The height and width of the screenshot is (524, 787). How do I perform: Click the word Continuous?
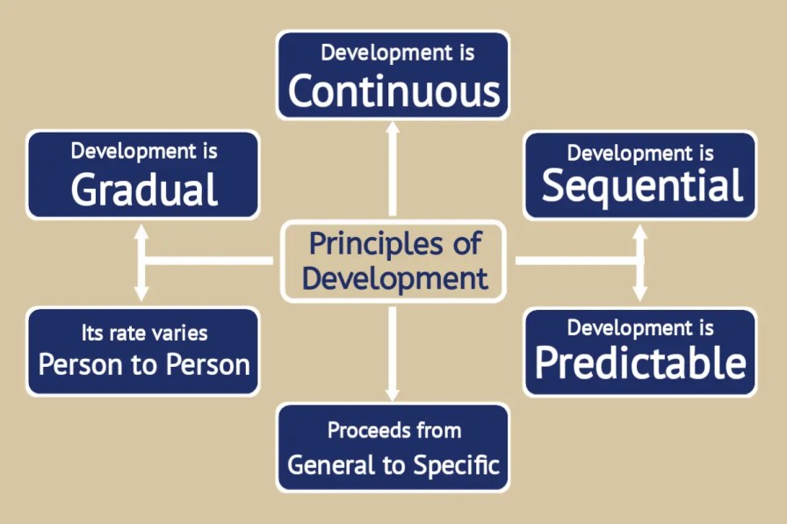point(393,91)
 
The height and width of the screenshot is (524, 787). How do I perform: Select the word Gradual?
point(143,189)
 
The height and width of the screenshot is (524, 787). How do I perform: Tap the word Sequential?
point(641,186)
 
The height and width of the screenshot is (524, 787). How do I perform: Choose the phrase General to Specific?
point(393,463)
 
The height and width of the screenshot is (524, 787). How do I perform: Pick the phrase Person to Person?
point(143,363)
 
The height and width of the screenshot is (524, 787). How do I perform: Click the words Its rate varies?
point(143,333)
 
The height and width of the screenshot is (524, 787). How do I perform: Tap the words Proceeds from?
point(393,430)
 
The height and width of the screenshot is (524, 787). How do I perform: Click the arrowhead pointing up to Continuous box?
point(393,128)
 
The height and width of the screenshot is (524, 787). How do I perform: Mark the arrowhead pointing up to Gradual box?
point(141,233)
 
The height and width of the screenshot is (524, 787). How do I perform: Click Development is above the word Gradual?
point(143,151)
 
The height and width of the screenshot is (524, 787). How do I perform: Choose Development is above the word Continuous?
point(393,52)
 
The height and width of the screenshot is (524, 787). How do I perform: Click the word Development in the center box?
point(394,278)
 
